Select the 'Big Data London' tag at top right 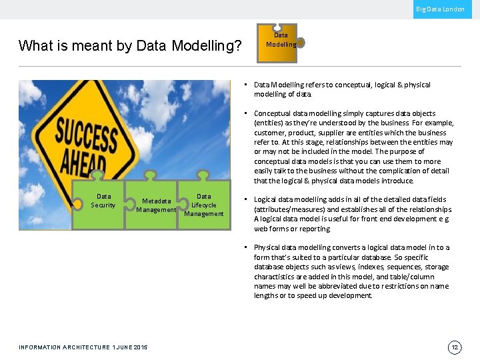coord(440,9)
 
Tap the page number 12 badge coord(455,347)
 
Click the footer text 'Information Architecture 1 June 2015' coord(83,347)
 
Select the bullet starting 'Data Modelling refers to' coord(341,89)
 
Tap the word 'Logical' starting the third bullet coord(265,199)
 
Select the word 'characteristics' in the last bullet coord(275,277)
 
